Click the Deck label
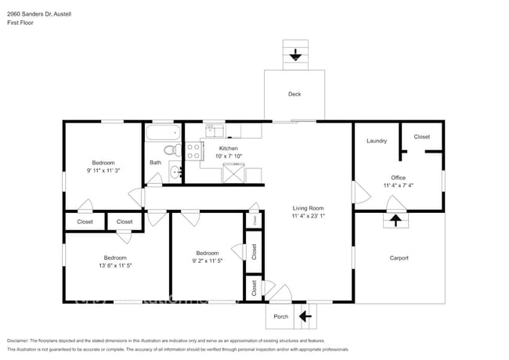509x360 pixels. [294, 94]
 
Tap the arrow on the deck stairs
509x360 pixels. [295, 55]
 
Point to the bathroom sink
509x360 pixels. [178, 171]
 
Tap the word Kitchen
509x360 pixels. [228, 148]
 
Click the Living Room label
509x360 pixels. [308, 207]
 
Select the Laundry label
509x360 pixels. [377, 141]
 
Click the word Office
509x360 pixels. [398, 178]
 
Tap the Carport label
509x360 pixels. [399, 257]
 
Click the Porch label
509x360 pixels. [280, 317]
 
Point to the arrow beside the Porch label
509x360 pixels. [305, 317]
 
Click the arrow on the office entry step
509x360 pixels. [396, 221]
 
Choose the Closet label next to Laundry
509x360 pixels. [421, 136]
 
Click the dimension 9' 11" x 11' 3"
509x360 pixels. [103, 170]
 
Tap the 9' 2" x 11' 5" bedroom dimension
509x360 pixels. [207, 261]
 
